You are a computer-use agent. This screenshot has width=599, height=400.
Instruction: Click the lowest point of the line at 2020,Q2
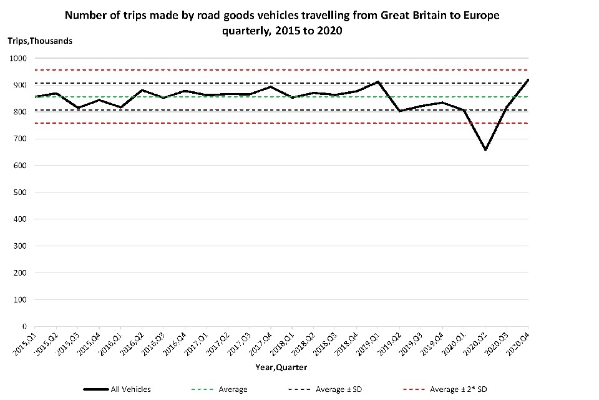(485, 150)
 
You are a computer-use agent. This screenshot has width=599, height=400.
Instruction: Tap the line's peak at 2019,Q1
(378, 82)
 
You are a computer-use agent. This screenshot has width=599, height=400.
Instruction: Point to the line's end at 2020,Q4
(528, 80)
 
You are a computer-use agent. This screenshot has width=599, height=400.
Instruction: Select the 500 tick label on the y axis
(20, 192)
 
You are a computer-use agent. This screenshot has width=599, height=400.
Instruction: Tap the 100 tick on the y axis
(20, 300)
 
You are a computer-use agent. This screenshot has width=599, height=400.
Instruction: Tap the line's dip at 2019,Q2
(399, 111)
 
